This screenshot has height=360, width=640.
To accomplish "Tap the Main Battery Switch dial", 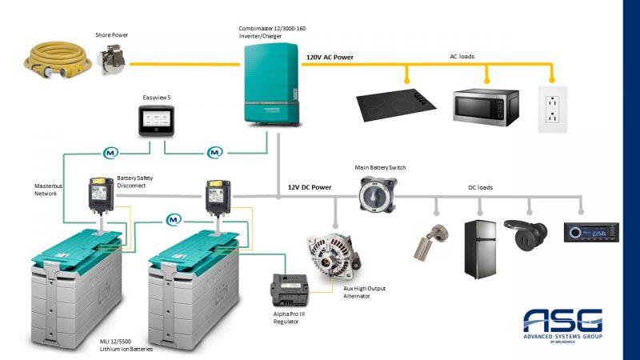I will click(x=371, y=192).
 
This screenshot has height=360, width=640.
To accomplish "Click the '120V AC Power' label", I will click(x=330, y=58).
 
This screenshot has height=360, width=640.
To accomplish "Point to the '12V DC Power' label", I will click(x=310, y=187).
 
